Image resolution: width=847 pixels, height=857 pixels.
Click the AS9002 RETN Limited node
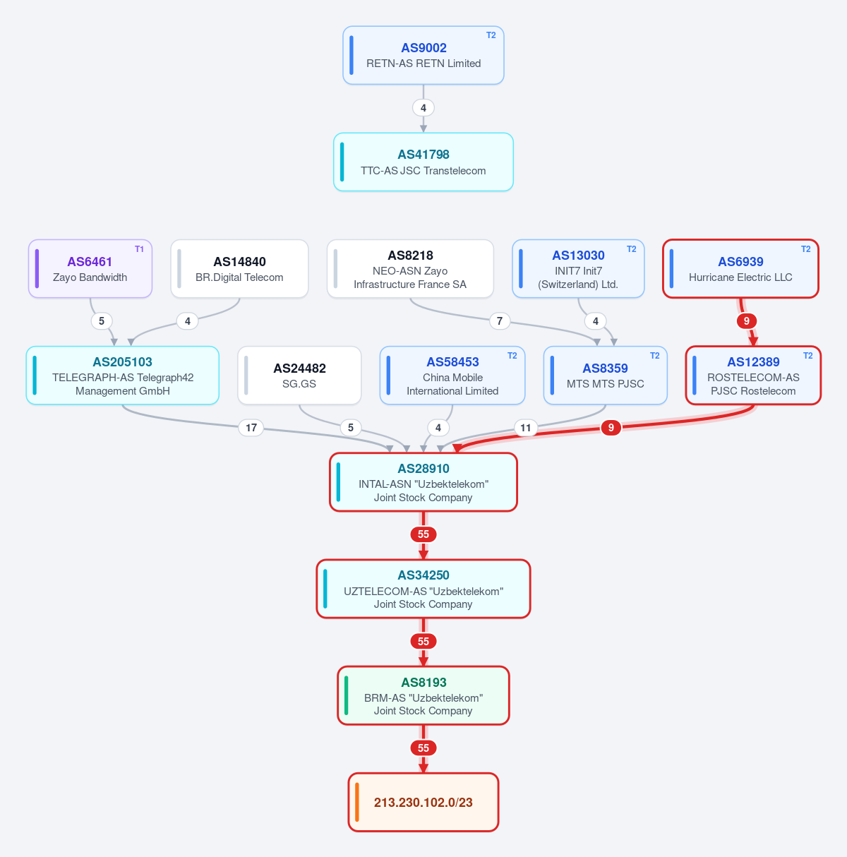423,55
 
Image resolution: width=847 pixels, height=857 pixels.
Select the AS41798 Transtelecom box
423,162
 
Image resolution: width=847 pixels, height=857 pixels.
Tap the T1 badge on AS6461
139,249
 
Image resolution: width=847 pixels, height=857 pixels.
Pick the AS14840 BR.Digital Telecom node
239,269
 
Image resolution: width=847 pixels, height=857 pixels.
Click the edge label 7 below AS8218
500,320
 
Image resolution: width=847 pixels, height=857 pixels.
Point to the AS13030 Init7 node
578,269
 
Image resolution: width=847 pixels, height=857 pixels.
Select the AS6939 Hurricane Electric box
740,269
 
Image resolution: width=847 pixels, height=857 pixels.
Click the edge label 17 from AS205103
251,427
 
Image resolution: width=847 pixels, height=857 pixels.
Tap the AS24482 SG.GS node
299,376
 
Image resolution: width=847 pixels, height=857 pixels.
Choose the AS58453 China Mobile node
452,376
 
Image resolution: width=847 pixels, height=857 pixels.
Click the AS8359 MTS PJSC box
605,376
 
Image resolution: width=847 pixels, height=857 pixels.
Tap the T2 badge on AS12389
808,355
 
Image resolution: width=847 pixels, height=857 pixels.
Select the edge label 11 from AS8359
525,427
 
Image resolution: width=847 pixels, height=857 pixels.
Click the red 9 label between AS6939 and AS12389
747,320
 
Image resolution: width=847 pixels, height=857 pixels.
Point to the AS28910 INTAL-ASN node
423,482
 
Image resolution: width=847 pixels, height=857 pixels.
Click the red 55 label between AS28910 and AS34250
423,534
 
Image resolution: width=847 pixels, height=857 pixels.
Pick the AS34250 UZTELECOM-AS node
423,589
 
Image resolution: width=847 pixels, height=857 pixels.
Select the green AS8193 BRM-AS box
423,695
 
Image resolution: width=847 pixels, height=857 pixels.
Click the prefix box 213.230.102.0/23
423,803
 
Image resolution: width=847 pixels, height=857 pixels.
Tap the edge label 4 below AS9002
423,107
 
